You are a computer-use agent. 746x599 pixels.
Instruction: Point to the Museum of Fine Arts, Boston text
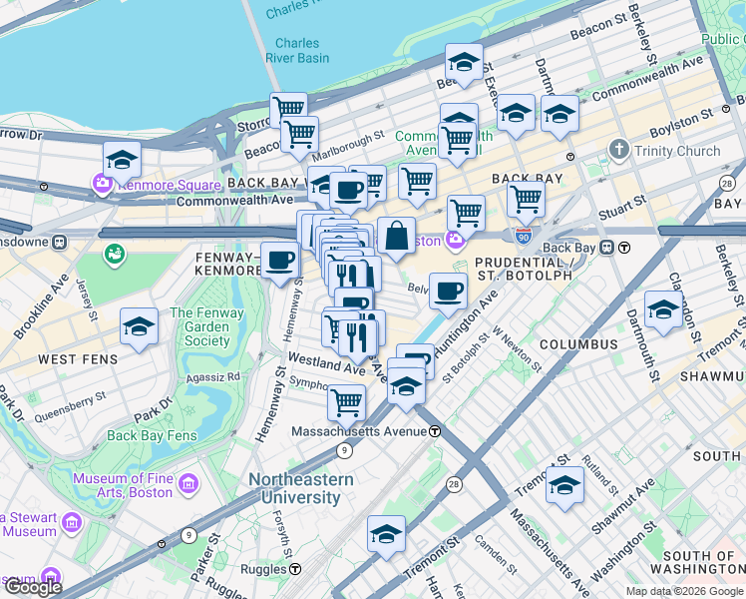(123, 485)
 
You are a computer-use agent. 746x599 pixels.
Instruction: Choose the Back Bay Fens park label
(150, 435)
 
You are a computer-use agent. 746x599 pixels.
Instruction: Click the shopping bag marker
(396, 238)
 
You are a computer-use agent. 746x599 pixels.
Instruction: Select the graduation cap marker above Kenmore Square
(122, 160)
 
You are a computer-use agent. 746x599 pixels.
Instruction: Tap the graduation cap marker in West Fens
(139, 326)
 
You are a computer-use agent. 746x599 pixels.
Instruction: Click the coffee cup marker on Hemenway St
(280, 262)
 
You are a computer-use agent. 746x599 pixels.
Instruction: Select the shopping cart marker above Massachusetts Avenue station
(346, 402)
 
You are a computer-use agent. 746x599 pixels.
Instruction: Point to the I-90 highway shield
(523, 236)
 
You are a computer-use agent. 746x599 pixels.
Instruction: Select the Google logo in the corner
(33, 587)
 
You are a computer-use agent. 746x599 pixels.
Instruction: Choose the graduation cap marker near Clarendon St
(663, 309)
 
